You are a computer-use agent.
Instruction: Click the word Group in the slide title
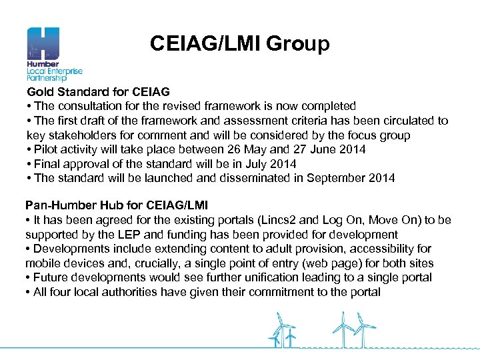pos(298,44)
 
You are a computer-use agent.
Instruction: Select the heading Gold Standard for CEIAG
pos(98,92)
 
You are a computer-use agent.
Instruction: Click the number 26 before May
pos(213,149)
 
